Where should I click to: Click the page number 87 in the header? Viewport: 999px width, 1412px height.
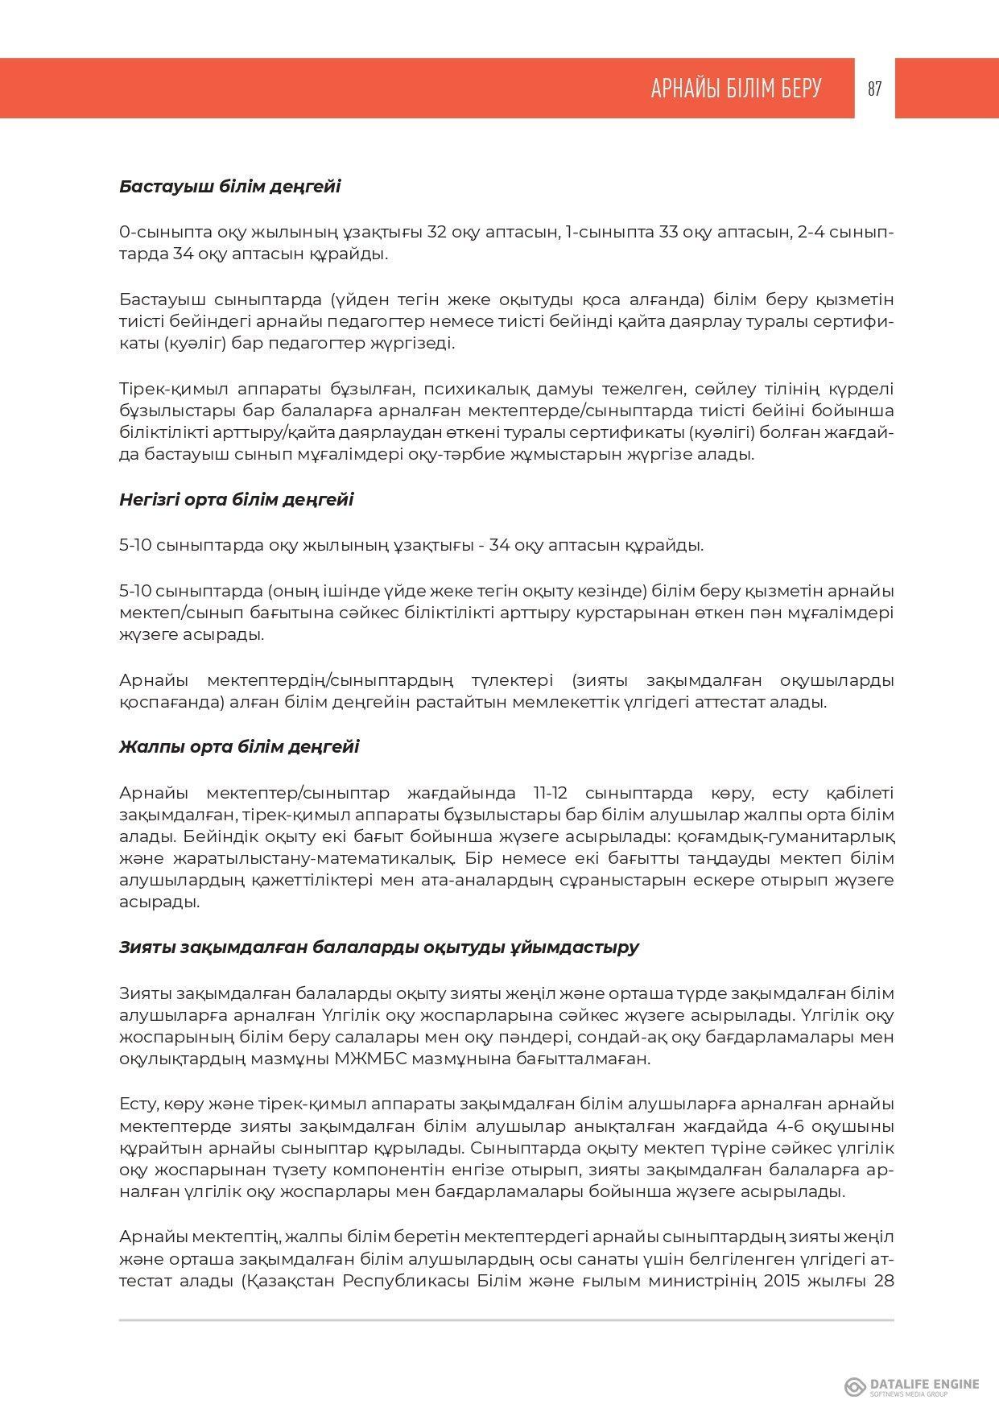click(874, 89)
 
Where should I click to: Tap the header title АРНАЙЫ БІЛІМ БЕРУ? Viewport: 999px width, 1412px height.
click(736, 89)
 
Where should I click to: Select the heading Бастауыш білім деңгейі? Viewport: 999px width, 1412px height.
click(229, 187)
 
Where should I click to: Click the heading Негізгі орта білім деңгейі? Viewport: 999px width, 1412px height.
click(236, 500)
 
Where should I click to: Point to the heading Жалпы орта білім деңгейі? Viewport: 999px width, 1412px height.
click(239, 746)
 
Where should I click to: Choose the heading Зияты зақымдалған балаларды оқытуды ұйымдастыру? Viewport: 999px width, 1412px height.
click(378, 948)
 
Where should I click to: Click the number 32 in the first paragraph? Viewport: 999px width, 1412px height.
click(437, 233)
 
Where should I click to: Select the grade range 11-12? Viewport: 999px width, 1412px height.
click(549, 793)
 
